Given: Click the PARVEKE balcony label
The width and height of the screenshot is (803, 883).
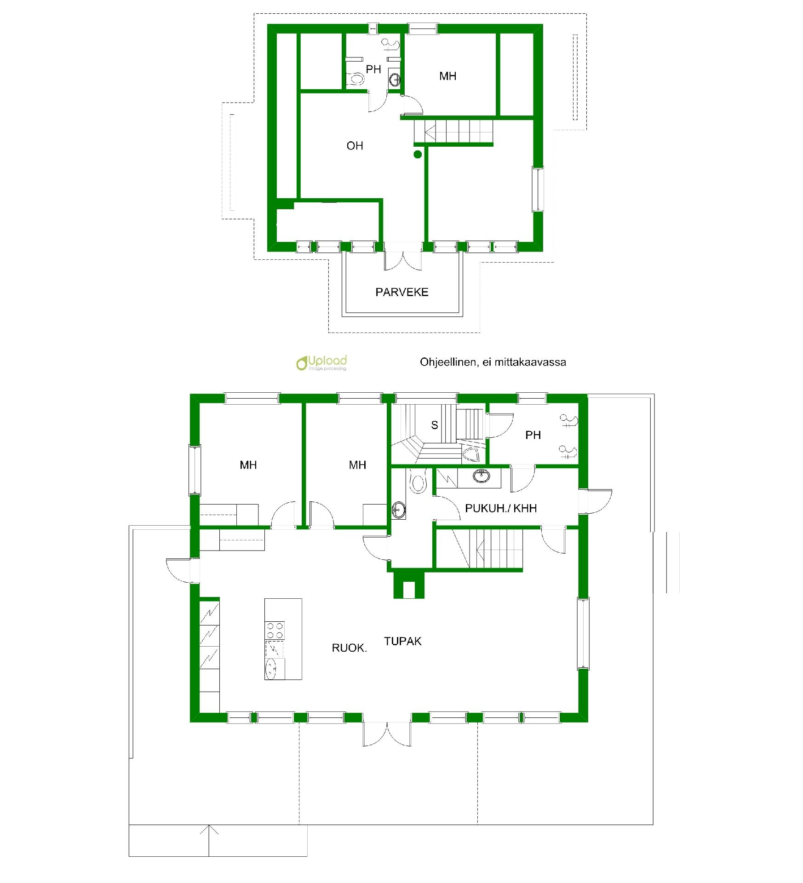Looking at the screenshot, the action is click(401, 292).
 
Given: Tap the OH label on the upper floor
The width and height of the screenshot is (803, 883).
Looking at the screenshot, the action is click(355, 146).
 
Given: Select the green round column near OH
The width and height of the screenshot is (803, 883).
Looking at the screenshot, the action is click(418, 155).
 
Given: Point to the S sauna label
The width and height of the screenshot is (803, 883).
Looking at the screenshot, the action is click(434, 425).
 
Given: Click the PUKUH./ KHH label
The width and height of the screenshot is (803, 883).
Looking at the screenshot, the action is click(501, 508).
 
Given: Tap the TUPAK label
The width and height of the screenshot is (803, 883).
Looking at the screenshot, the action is click(402, 641).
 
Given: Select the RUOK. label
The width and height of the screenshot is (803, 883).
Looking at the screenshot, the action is click(349, 648).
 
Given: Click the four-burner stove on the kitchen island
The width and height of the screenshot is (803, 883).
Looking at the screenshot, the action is click(275, 630).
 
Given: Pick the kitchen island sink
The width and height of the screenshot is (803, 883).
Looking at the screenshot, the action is click(271, 669).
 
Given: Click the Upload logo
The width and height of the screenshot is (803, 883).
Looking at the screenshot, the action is click(321, 362).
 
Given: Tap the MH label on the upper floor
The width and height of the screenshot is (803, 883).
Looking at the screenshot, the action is click(447, 76).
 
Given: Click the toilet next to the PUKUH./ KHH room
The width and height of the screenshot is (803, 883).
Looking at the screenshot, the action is click(418, 481).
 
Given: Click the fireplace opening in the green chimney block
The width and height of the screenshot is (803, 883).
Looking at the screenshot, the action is click(408, 590).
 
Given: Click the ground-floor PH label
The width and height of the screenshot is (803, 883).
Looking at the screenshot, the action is click(533, 435).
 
